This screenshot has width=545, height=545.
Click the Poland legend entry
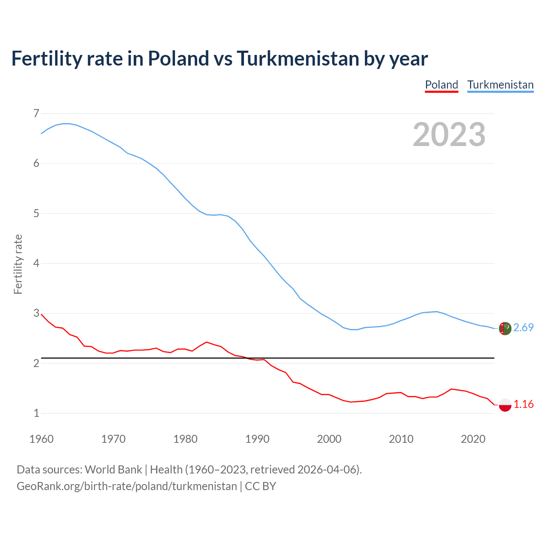click(442, 85)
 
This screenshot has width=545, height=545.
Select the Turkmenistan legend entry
click(500, 85)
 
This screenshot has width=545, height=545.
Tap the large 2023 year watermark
click(449, 135)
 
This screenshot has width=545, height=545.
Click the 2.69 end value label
click(523, 327)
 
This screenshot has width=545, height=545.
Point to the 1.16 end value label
click(523, 404)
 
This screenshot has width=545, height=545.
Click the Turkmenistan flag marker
click(505, 329)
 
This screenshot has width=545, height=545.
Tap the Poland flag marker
click(505, 405)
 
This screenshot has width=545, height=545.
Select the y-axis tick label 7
click(36, 113)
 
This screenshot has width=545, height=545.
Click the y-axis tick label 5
click(36, 213)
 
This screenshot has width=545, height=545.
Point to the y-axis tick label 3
click(36, 313)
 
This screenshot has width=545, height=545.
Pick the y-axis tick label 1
click(36, 413)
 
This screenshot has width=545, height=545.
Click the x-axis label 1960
click(41, 439)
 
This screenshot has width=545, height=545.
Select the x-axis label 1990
click(257, 439)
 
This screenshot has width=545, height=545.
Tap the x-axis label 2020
click(473, 439)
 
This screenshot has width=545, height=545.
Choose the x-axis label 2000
click(329, 439)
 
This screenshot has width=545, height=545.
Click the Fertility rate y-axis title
click(18, 264)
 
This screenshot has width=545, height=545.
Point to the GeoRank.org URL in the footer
click(126, 486)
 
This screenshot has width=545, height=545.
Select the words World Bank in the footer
click(113, 470)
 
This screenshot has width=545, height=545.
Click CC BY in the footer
click(261, 486)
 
